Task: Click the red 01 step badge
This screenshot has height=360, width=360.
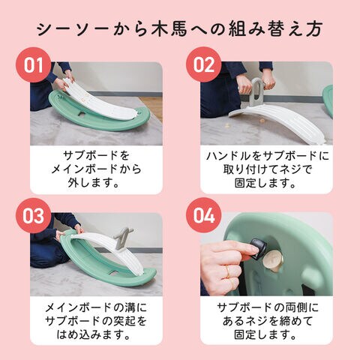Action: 34,64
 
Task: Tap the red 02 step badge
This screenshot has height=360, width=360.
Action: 204,64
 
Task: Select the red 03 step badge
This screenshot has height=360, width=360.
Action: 34,215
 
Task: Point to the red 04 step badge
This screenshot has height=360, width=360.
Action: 204,215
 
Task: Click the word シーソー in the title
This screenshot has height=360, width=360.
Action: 73,29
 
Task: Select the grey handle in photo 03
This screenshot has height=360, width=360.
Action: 122,237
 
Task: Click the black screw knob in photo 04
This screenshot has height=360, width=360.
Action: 257,248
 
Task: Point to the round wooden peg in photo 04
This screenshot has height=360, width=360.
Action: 272,261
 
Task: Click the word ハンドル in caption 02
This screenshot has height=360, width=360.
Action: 229,156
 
